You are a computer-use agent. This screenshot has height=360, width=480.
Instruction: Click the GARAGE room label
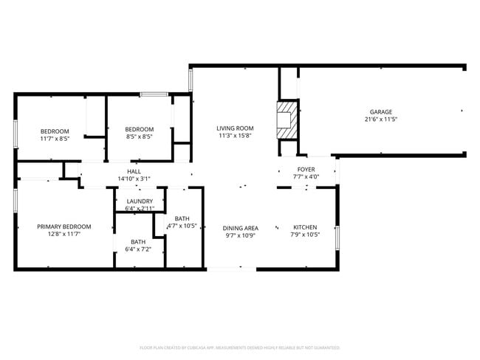tap(381, 112)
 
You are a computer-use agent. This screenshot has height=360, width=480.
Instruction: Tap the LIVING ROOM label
tap(236, 128)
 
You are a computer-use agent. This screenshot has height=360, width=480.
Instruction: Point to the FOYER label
tap(306, 169)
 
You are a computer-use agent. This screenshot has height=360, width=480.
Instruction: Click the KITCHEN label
tap(305, 227)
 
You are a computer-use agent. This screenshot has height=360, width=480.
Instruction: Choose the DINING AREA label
tap(241, 228)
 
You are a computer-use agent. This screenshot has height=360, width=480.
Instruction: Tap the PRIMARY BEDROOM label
tap(64, 226)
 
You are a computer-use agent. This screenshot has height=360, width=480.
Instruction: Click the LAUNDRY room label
tap(140, 201)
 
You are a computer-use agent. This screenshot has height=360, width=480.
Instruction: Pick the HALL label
tap(134, 171)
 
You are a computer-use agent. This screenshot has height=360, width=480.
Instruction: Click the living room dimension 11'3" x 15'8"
tap(236, 136)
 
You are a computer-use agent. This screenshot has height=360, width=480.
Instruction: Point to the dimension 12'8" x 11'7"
tap(64, 235)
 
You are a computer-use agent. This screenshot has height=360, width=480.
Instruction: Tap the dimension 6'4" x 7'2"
tap(139, 249)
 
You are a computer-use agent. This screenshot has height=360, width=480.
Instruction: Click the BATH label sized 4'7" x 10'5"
tap(182, 218)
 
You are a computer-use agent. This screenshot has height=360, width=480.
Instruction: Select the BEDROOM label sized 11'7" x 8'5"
tap(55, 131)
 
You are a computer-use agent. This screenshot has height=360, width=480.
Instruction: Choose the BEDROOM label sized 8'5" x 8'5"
tap(140, 129)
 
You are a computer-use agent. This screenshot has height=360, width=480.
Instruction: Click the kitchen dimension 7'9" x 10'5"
tap(305, 235)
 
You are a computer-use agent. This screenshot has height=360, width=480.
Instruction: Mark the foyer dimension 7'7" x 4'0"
tap(306, 177)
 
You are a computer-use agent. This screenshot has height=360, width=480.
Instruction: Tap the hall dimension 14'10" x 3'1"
tap(134, 179)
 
